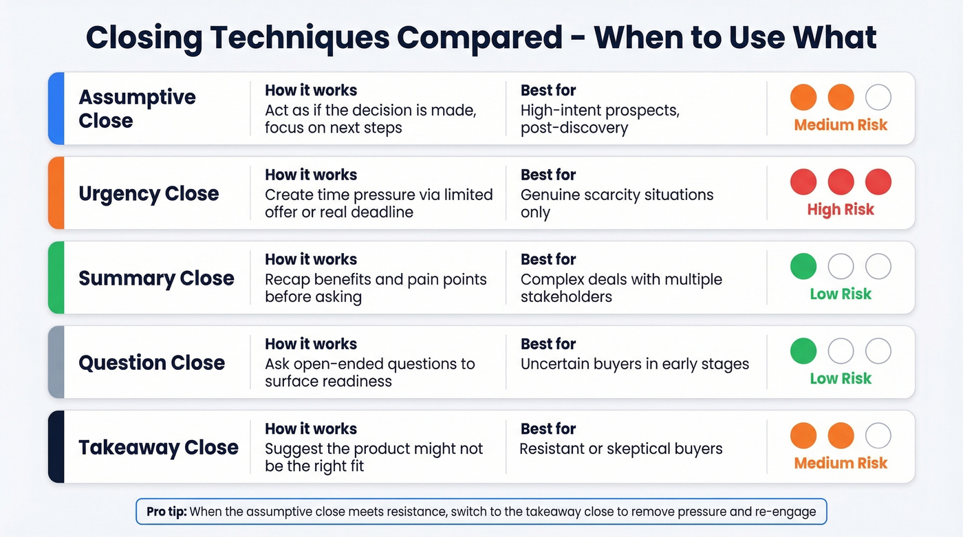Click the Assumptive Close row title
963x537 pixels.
coord(137,109)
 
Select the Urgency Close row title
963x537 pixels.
coord(149,193)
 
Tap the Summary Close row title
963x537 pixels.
coord(156,278)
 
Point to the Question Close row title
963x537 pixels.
coord(151,362)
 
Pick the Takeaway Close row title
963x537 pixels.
coord(158,447)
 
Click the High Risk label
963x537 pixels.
coord(841,210)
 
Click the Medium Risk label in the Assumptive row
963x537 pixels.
coord(841,125)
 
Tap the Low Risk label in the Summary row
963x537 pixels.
coord(841,294)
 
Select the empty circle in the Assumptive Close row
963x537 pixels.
coord(878,98)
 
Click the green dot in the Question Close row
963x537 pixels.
coord(803,351)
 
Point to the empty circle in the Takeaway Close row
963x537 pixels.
coord(878,436)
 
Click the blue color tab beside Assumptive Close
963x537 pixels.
coord(56,109)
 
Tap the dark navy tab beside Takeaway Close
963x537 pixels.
coord(56,447)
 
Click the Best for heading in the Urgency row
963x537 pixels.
coord(548,175)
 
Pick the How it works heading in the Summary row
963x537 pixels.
coord(311,259)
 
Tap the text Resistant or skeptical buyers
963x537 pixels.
coord(621,449)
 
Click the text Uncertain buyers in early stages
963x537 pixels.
coord(634,364)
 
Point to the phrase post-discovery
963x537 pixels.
coord(574,129)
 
